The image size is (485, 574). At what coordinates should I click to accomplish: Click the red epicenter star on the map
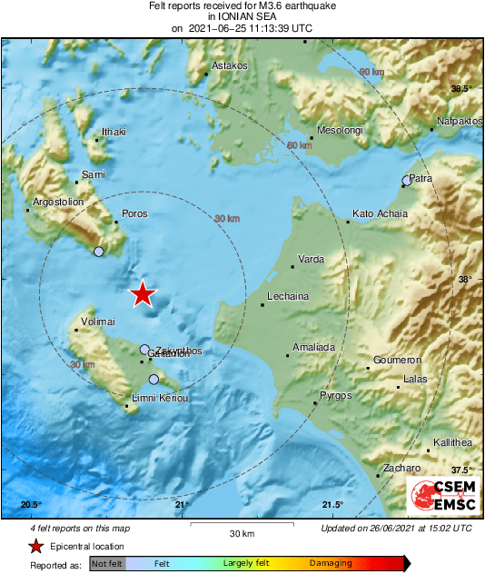pyautogui.click(x=143, y=294)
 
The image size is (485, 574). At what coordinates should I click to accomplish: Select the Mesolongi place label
pyautogui.click(x=340, y=129)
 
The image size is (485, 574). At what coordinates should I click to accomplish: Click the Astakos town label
pyautogui.click(x=229, y=66)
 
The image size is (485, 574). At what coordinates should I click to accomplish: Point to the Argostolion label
pyautogui.click(x=58, y=201)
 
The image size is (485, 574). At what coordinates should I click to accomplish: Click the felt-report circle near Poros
pyautogui.click(x=99, y=252)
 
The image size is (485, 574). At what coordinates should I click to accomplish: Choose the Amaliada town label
pyautogui.click(x=313, y=348)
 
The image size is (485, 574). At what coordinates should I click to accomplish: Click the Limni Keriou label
pyautogui.click(x=160, y=399)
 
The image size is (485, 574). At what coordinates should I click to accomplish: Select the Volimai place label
pyautogui.click(x=97, y=321)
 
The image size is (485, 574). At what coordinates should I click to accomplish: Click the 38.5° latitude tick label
pyautogui.click(x=462, y=88)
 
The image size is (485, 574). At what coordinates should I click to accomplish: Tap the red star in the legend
pyautogui.click(x=35, y=546)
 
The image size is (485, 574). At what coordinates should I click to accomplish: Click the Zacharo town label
pyautogui.click(x=401, y=468)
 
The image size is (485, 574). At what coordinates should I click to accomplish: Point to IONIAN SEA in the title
pyautogui.click(x=242, y=16)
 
